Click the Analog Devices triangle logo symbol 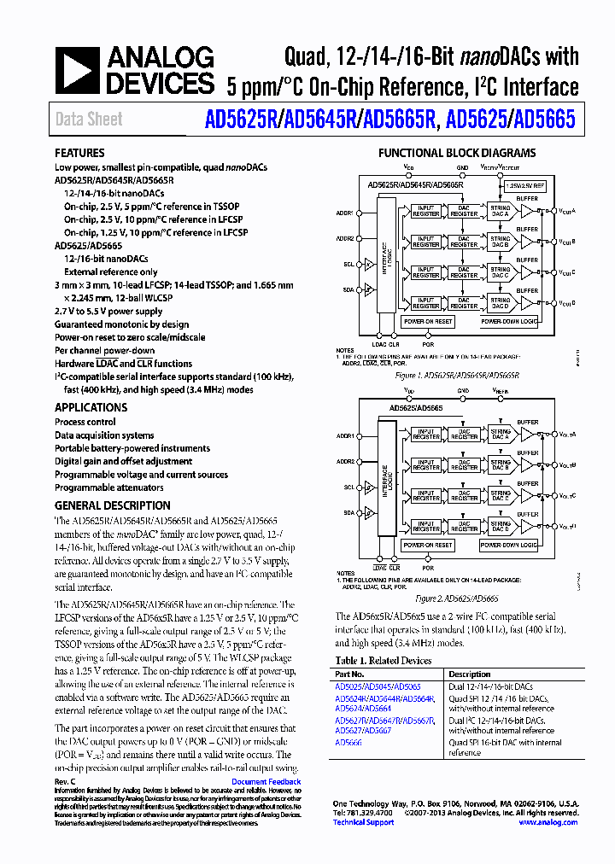pyautogui.click(x=79, y=69)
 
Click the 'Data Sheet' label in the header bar pyautogui.click(x=89, y=120)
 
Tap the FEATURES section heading pyautogui.click(x=79, y=154)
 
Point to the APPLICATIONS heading pyautogui.click(x=91, y=407)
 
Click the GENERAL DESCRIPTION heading pyautogui.click(x=113, y=505)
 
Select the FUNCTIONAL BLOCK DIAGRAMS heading pyautogui.click(x=457, y=153)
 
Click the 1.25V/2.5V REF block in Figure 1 pyautogui.click(x=524, y=184)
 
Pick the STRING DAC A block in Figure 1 pyautogui.click(x=499, y=211)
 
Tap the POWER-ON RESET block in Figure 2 pyautogui.click(x=428, y=545)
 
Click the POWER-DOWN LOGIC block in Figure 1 pyautogui.click(x=510, y=322)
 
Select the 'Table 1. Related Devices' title pyautogui.click(x=384, y=661)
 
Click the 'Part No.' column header pyautogui.click(x=351, y=674)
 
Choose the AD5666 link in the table pyautogui.click(x=349, y=742)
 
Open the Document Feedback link pyautogui.click(x=266, y=782)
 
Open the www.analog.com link pyautogui.click(x=548, y=822)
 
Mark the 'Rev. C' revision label pyautogui.click(x=65, y=782)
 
